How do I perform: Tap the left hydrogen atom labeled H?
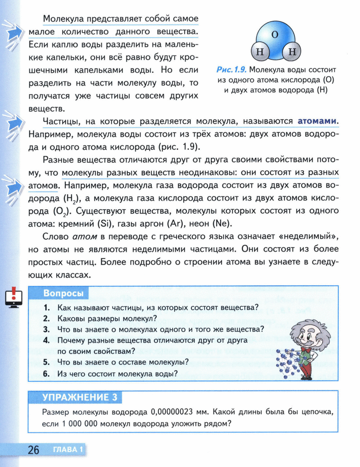[x=260, y=52]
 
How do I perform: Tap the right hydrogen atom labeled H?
[x=291, y=52]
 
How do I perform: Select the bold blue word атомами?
[x=318, y=121]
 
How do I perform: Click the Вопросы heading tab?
[x=63, y=293]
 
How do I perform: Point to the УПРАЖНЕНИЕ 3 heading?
[x=76, y=397]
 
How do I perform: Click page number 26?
[x=34, y=450]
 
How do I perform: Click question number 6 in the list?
[x=46, y=373]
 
